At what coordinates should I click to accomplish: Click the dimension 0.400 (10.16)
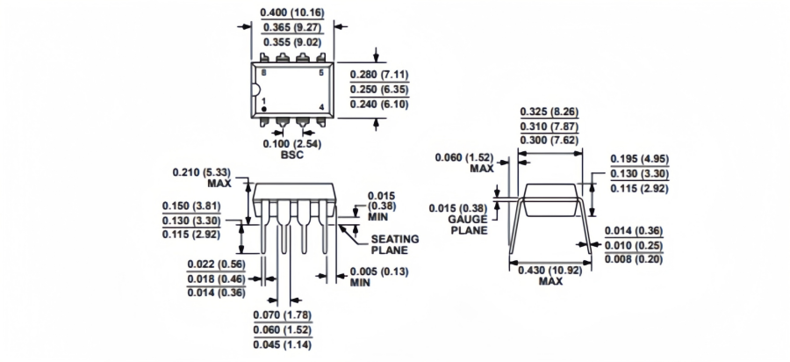click(291, 13)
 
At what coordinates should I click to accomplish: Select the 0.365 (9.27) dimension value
click(291, 28)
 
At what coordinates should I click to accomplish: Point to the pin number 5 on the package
click(321, 72)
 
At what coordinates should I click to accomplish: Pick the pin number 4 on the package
click(321, 108)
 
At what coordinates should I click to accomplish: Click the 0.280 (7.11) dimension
click(384, 74)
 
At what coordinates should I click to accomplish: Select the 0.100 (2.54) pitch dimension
click(291, 142)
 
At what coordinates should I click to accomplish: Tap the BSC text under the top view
click(291, 155)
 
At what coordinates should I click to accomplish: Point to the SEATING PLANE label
click(394, 243)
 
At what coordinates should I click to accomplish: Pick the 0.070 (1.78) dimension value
click(283, 315)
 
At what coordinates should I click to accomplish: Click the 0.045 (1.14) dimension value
click(283, 344)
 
